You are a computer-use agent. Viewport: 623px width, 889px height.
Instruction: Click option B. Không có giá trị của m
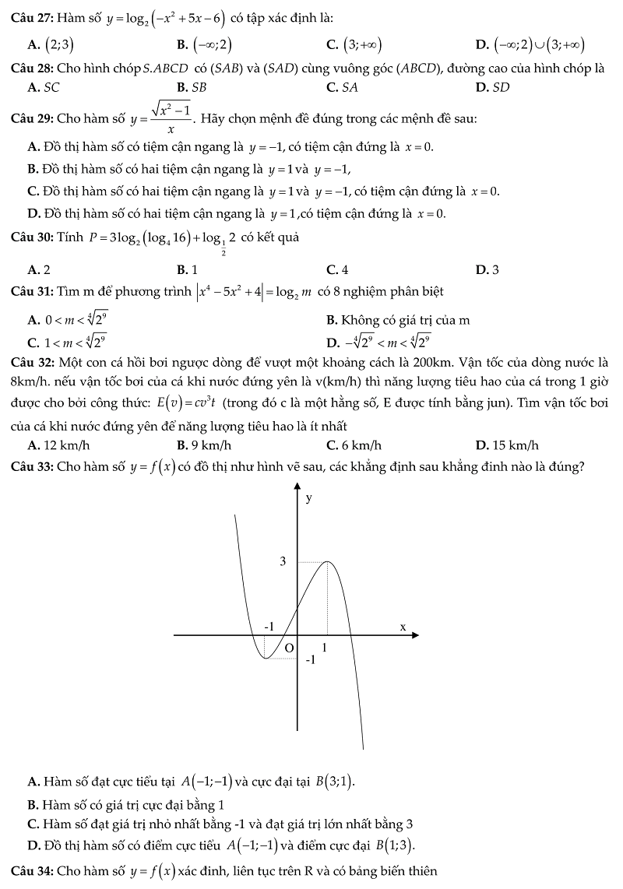(398, 320)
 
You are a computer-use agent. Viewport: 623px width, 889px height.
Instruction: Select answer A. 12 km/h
(58, 445)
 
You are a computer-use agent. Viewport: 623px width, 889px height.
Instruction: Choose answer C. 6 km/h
(354, 445)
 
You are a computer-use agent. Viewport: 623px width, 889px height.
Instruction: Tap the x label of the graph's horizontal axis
(403, 627)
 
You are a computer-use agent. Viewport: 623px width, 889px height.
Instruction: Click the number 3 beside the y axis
(283, 561)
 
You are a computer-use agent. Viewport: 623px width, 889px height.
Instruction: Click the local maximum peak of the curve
(327, 562)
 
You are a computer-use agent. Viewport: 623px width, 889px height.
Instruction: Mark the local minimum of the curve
(266, 659)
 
